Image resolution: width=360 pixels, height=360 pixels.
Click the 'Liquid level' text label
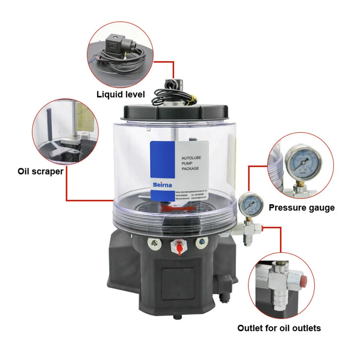[121, 94]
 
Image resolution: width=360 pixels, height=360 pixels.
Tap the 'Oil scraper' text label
[40, 171]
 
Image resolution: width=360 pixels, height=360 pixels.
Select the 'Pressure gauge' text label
[301, 207]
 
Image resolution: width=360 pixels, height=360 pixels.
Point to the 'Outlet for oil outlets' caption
[279, 328]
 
